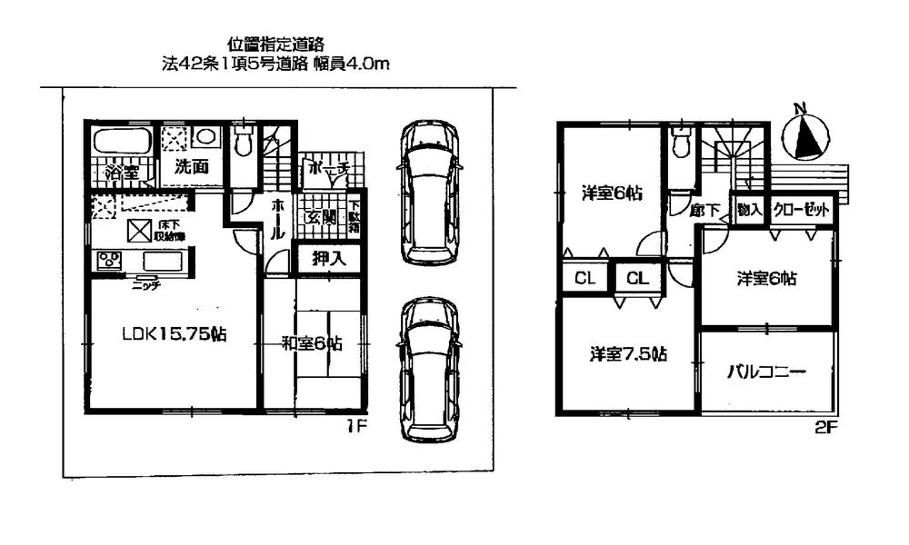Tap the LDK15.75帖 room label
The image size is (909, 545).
[x=175, y=334]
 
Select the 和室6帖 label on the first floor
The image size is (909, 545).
[x=312, y=343]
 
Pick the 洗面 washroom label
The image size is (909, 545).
[x=192, y=167]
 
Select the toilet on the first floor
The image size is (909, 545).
[x=243, y=144]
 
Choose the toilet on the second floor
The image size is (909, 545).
[x=680, y=144]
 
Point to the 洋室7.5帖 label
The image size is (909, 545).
[x=628, y=354]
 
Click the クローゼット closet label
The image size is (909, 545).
[x=802, y=210]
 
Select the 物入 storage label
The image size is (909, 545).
[x=749, y=210]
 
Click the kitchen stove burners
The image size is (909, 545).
[x=111, y=259]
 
